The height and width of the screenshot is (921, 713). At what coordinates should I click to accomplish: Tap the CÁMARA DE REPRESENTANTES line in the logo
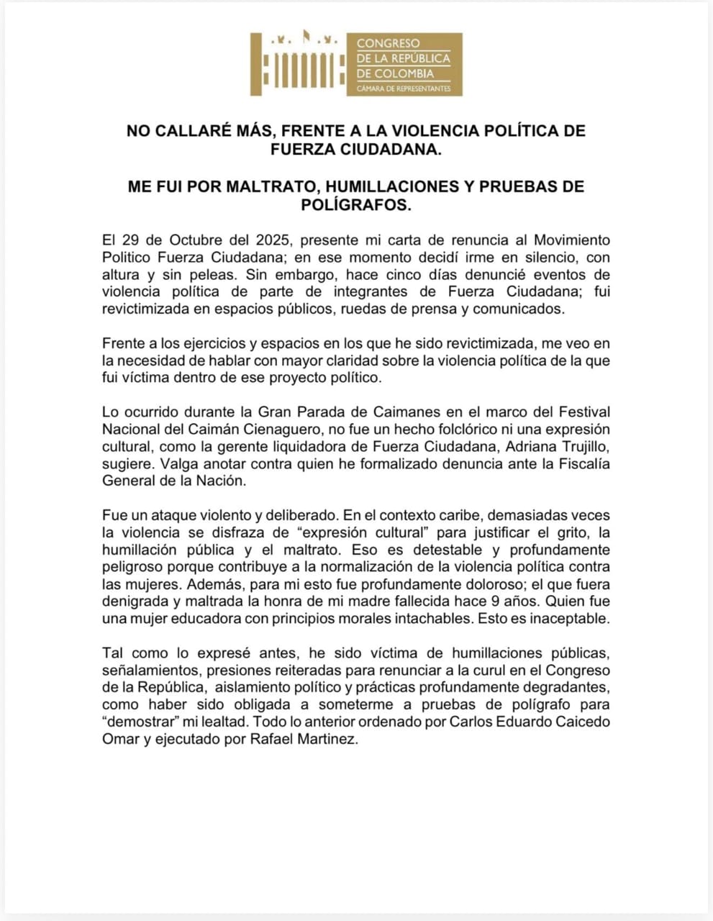[404, 89]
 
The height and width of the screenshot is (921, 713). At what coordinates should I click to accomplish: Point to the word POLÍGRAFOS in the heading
[355, 205]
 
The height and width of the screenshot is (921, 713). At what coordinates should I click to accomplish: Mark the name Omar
[119, 740]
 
